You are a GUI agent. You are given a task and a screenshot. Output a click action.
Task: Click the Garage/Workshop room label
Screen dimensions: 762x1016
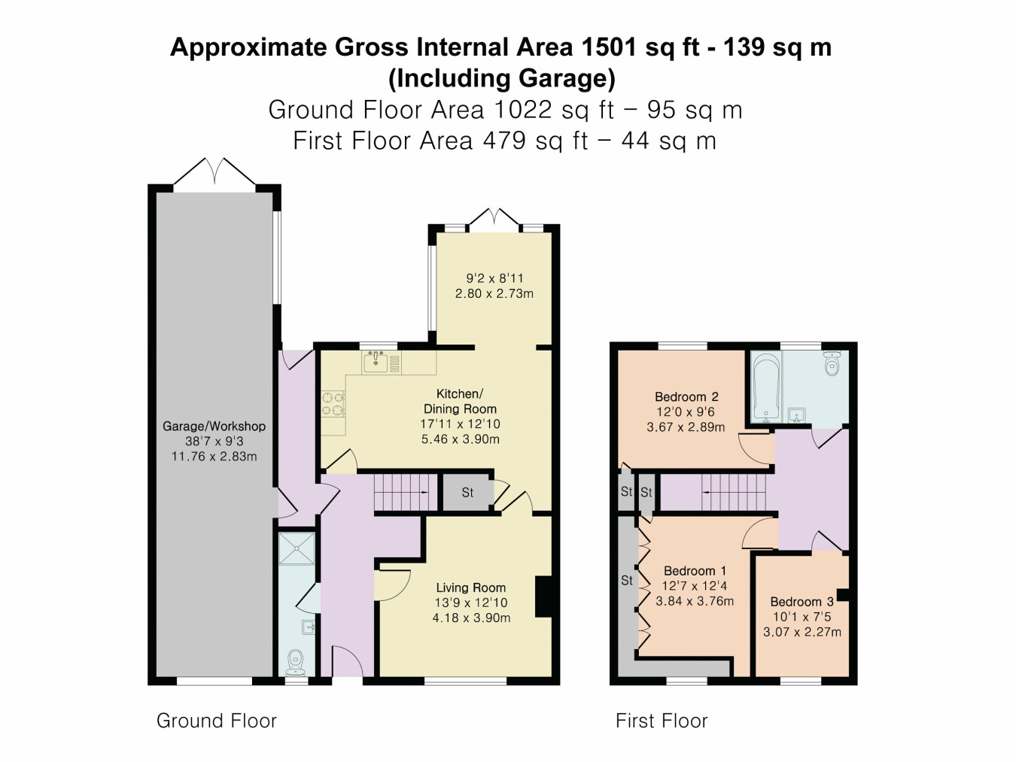(x=214, y=427)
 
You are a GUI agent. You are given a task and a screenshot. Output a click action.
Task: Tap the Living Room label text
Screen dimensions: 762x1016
(x=470, y=587)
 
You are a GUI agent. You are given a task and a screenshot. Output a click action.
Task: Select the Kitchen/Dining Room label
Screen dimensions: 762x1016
(x=459, y=401)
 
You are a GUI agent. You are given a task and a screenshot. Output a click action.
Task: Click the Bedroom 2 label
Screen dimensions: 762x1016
(x=686, y=396)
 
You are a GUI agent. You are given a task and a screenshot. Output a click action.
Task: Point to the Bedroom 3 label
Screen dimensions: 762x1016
(x=802, y=602)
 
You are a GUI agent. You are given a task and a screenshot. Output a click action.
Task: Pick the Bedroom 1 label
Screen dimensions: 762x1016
(x=695, y=571)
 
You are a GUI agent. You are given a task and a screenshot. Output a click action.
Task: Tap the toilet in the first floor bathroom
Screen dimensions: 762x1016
(x=832, y=364)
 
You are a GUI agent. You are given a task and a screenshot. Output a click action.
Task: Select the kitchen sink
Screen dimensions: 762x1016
(x=375, y=363)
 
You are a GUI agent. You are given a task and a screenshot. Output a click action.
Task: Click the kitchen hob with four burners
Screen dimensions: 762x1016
(x=333, y=403)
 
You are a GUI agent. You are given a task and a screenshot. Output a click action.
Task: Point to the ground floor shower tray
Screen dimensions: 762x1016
(x=296, y=549)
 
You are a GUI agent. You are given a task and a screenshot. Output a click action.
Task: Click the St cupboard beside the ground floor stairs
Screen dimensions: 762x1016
(x=467, y=493)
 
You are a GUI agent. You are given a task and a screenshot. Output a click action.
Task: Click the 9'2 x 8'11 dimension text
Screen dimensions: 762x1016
(x=494, y=278)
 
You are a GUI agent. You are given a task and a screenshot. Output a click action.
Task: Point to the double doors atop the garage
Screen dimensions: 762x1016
(x=214, y=172)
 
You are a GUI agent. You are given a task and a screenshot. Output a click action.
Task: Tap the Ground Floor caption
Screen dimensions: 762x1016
(x=217, y=721)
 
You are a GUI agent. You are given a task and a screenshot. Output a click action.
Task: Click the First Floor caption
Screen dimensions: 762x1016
(x=662, y=721)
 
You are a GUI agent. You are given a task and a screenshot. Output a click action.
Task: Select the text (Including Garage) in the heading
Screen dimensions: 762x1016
(x=501, y=78)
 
